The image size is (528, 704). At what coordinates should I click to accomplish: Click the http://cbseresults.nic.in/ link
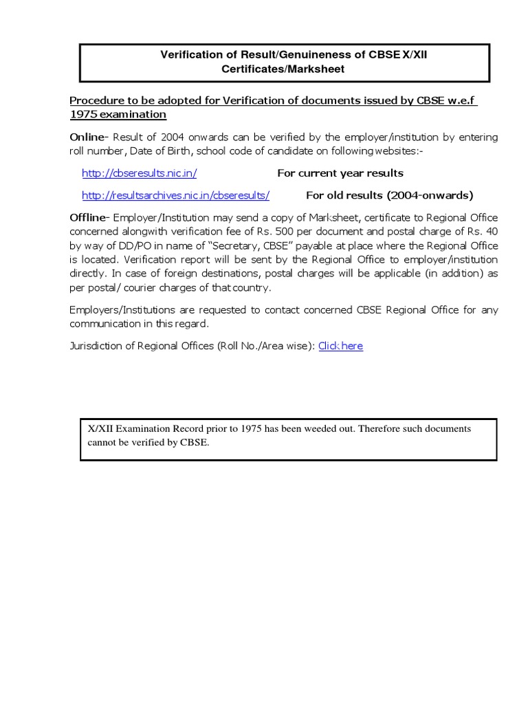click(139, 173)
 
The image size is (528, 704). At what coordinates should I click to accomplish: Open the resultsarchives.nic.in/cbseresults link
click(175, 195)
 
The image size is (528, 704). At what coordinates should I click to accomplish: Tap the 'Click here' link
click(340, 346)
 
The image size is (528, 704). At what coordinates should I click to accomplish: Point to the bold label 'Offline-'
click(90, 217)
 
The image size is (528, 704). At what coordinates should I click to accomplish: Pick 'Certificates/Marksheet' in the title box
click(283, 69)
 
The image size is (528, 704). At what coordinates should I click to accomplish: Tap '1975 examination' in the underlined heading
click(118, 114)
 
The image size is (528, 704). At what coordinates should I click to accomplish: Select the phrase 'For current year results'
click(340, 173)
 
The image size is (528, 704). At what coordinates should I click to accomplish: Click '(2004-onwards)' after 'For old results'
click(430, 195)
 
